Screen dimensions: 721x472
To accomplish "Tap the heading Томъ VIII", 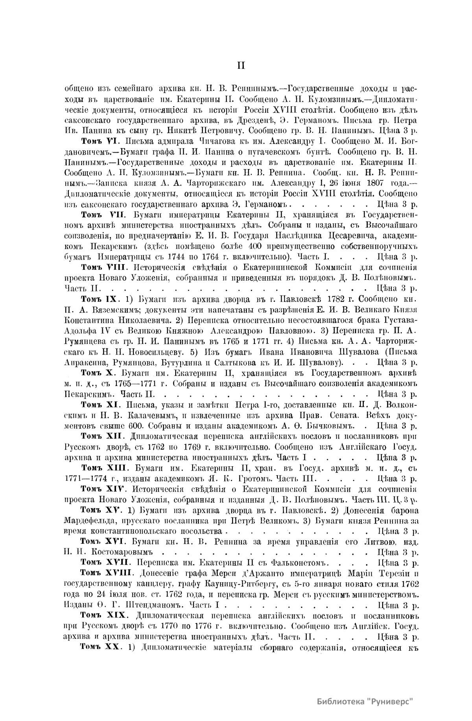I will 103,267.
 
